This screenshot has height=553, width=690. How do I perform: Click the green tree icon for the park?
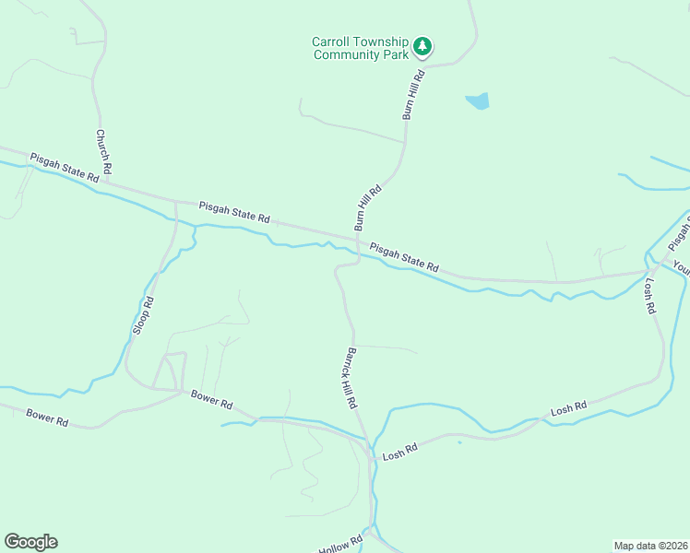pos(422,45)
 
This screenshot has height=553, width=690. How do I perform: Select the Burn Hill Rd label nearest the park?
pos(411,94)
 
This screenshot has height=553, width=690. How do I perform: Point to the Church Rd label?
pos(103,151)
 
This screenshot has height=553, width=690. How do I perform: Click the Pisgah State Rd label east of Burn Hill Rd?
pos(404,256)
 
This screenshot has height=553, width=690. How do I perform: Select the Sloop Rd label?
pos(142,315)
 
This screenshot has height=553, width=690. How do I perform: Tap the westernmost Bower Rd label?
pos(47,417)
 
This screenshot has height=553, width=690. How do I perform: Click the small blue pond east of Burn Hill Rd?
pos(478,101)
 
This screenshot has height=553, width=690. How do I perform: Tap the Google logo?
pos(30,542)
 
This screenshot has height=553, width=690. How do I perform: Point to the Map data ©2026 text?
pos(650,545)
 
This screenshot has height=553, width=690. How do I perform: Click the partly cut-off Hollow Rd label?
pos(340,545)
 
